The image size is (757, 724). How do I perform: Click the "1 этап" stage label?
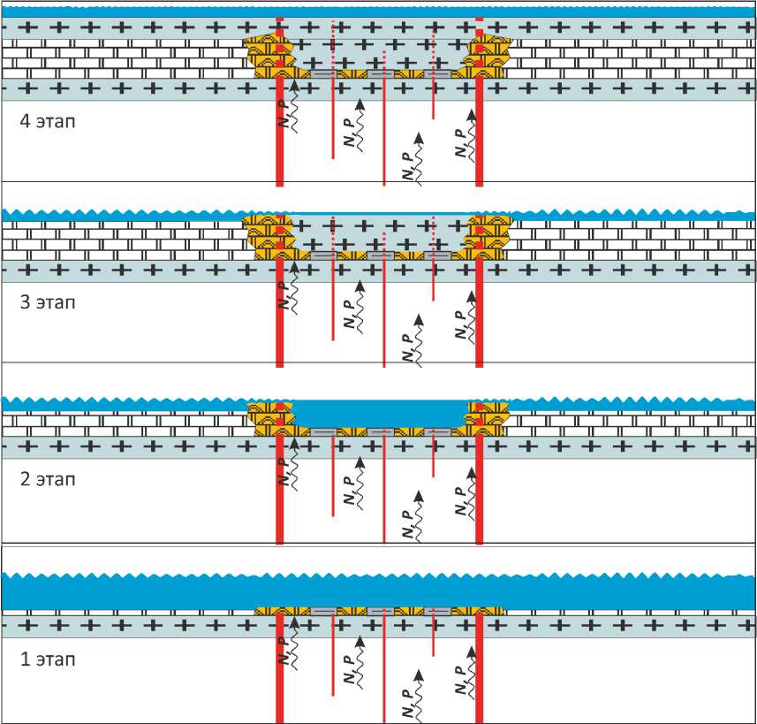pos(48,659)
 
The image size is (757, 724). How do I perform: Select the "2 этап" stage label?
pos(48,480)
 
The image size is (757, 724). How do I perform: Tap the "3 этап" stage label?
pos(48,302)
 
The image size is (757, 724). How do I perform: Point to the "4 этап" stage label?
pos(48,121)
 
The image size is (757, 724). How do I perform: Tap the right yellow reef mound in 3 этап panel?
pos(488,237)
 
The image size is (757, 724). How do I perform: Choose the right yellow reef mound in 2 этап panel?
pos(488,419)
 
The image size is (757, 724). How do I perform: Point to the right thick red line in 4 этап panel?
pos(479,133)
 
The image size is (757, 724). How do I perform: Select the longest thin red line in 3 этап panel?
pos(383,318)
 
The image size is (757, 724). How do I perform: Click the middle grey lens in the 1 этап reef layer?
pos(380,611)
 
